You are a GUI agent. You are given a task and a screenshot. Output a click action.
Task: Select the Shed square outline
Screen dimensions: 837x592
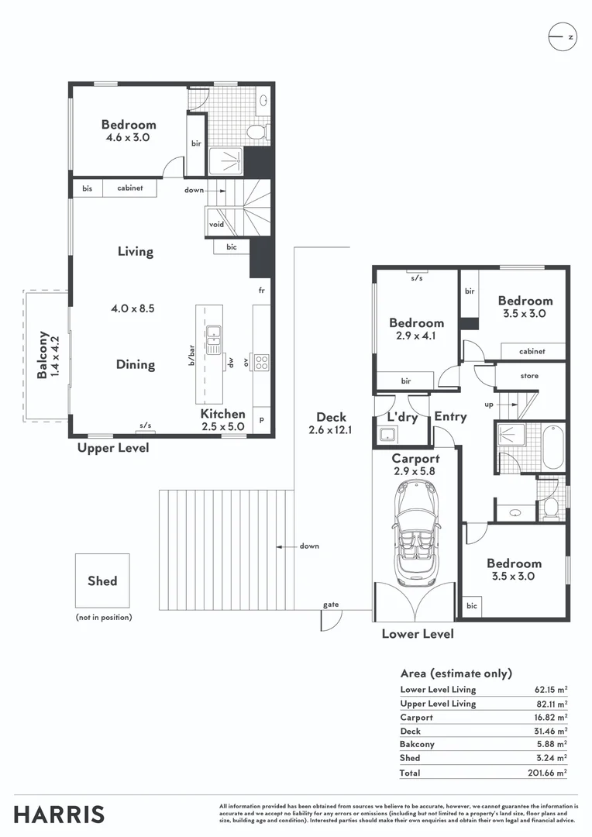(x=103, y=580)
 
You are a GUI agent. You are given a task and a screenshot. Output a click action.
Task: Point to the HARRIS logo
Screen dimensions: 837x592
(x=59, y=815)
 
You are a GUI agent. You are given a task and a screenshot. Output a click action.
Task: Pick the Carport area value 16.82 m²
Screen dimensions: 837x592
(x=549, y=718)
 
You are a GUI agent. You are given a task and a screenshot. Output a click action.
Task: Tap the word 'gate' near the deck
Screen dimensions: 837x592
(x=331, y=604)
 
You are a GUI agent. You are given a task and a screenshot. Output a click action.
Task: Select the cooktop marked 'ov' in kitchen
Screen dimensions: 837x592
(x=262, y=360)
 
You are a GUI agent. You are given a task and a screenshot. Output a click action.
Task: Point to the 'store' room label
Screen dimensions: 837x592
(x=529, y=376)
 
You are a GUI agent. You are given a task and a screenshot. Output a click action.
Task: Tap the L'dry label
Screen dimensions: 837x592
(x=401, y=417)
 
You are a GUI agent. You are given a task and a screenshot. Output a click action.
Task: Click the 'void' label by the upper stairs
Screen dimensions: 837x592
(x=216, y=225)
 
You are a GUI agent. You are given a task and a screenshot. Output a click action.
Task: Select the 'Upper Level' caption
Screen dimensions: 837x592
(x=113, y=448)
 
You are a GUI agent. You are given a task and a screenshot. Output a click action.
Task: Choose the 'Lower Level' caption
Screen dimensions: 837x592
(x=418, y=634)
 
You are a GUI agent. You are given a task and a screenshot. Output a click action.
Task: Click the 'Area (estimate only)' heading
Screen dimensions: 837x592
(x=456, y=673)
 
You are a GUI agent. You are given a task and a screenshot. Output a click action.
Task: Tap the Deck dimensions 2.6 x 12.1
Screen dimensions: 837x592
(x=331, y=430)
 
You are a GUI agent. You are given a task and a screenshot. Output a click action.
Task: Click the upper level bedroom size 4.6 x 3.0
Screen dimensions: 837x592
(x=128, y=137)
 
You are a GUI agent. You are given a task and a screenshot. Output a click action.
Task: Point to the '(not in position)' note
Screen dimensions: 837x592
(x=104, y=617)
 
